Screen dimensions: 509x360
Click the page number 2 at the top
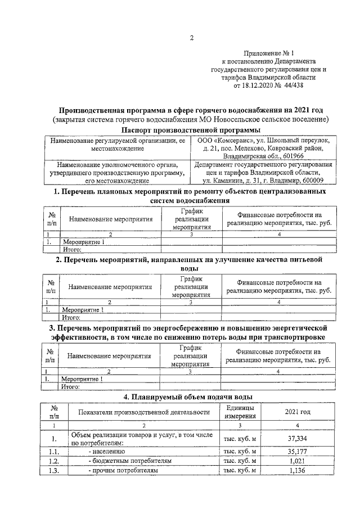(191, 38)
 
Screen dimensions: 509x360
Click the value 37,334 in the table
(298, 438)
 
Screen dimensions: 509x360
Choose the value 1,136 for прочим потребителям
(298, 471)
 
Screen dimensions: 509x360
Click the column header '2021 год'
(298, 412)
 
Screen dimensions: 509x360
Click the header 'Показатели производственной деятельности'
(144, 412)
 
